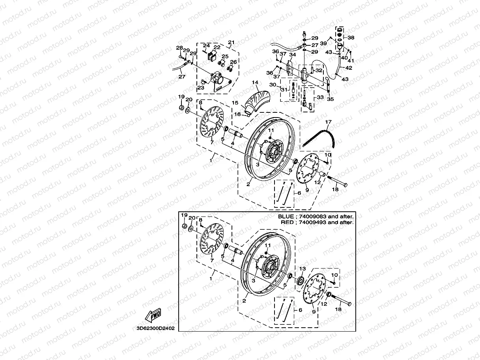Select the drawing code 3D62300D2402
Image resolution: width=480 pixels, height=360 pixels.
click(x=155, y=328)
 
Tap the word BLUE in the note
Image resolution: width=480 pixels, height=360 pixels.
click(x=285, y=216)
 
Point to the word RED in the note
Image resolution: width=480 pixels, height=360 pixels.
click(x=287, y=222)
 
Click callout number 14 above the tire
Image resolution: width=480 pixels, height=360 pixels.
click(x=255, y=82)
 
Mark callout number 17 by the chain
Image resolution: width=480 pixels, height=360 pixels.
click(x=328, y=122)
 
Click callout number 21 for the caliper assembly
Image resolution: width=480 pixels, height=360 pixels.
click(x=231, y=43)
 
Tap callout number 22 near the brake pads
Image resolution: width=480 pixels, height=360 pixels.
click(x=217, y=47)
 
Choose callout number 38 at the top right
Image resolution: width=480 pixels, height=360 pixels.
click(x=351, y=38)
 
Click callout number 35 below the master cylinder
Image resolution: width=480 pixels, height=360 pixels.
click(x=330, y=99)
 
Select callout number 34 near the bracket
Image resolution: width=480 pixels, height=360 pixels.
click(x=292, y=55)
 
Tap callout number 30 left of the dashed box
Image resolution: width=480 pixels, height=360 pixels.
click(x=272, y=85)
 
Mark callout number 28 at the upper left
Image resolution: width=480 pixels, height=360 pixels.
click(x=179, y=48)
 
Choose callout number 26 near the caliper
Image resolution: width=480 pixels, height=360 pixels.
click(x=233, y=62)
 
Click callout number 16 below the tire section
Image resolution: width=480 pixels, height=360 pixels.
click(x=237, y=114)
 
